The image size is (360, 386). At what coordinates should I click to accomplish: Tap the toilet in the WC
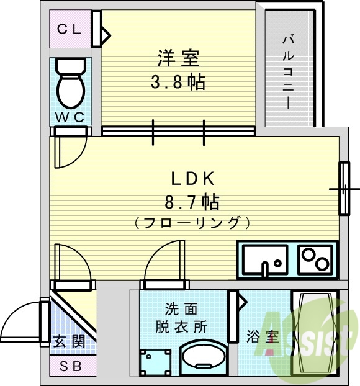pos(70,84)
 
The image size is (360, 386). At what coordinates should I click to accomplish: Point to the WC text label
pos(70,116)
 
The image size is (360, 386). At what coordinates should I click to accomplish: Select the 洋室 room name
pos(178,58)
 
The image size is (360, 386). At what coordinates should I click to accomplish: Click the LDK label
pos(193,179)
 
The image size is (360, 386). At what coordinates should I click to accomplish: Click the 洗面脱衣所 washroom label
pos(186,317)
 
